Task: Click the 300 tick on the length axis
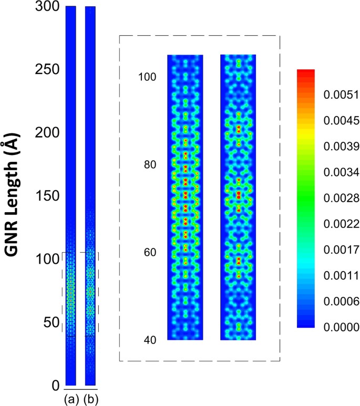pos(46,7)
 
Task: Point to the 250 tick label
pos(46,70)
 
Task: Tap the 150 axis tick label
pos(46,196)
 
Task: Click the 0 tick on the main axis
pos(55,386)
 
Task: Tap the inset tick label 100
pos(147,77)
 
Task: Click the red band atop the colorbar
pos(306,72)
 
